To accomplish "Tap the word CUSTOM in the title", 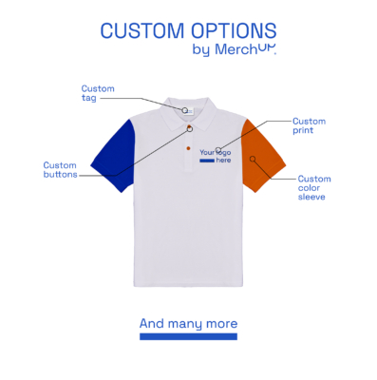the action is [141, 30].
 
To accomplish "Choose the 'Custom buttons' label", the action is [60, 169].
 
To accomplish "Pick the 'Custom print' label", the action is [309, 124].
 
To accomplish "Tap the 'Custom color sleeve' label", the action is [314, 187].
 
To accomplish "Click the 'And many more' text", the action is [188, 324].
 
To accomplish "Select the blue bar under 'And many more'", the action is [188, 336].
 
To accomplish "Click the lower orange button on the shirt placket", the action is [188, 149].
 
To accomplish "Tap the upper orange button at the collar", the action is [189, 128].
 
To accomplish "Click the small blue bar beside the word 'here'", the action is [206, 161].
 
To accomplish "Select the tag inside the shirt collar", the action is [189, 110].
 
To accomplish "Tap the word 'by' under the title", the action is [200, 49].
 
